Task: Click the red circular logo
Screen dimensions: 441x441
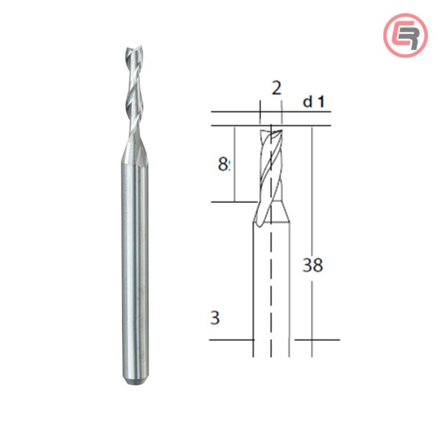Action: [x=405, y=35]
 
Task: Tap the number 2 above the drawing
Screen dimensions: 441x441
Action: [x=276, y=89]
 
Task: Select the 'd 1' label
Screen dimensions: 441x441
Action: [x=314, y=101]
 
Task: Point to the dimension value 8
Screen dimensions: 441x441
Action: [x=223, y=165]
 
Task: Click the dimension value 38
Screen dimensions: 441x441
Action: [x=312, y=265]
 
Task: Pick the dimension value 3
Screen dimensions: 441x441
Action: [x=215, y=318]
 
